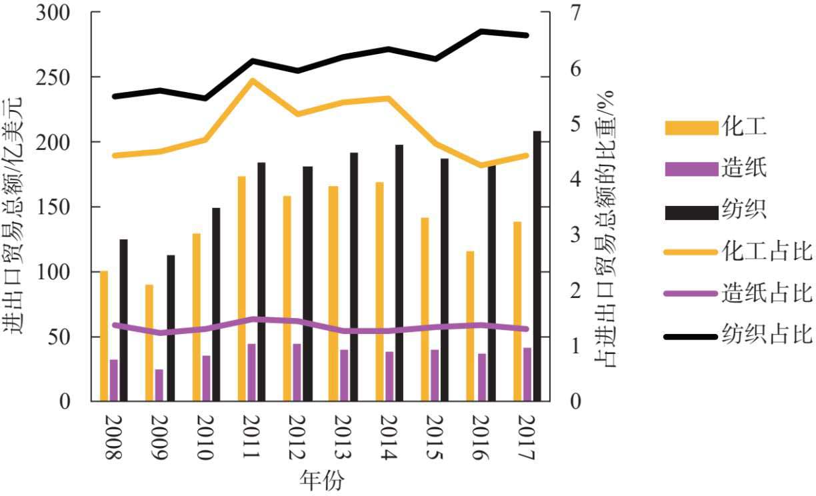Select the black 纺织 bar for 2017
[x=537, y=266]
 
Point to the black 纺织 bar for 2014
[x=399, y=273]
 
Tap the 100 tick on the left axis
[x=63, y=272]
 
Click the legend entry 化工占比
[x=767, y=253]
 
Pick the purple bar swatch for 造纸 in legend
[x=689, y=169]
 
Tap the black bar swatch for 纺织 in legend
[x=689, y=211]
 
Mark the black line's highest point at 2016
[x=481, y=31]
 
